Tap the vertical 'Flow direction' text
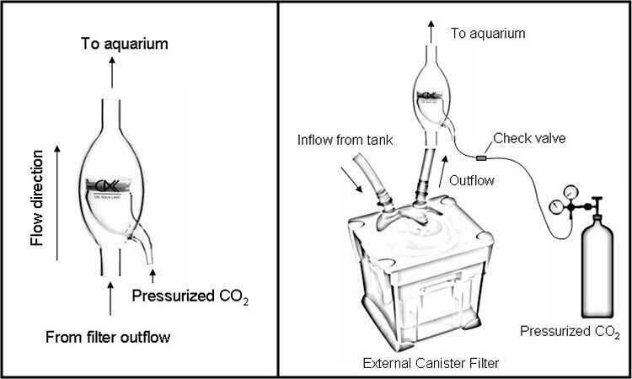click(37, 199)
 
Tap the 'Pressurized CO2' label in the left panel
click(192, 296)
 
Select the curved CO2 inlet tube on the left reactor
click(146, 245)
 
